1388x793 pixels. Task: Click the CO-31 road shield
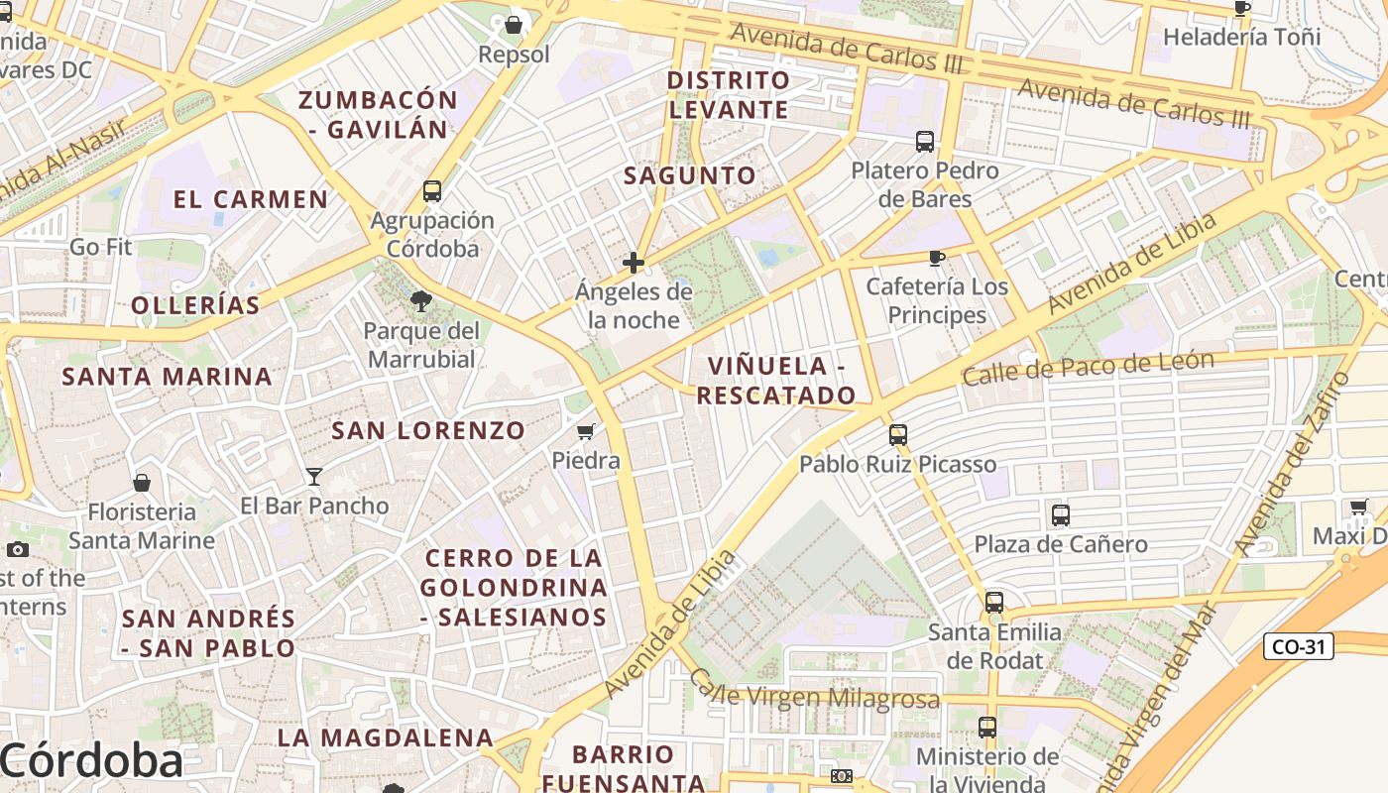point(1299,647)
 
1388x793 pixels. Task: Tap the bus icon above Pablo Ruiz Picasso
point(898,434)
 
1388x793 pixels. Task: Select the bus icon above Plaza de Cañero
point(1061,515)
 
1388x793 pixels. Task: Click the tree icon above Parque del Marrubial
point(421,300)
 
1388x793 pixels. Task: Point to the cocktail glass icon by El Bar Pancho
point(314,477)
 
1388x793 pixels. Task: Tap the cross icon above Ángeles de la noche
point(634,263)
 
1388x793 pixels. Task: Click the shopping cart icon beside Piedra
point(586,432)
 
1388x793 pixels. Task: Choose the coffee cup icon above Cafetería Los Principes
point(936,258)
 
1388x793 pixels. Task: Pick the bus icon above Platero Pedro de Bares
point(925,142)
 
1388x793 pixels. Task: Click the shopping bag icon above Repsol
point(514,24)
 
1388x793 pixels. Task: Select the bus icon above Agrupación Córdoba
point(432,191)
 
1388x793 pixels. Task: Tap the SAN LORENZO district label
point(427,430)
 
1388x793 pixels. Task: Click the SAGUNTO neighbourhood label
point(690,175)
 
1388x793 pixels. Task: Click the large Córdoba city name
point(92,761)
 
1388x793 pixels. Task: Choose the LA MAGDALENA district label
point(386,737)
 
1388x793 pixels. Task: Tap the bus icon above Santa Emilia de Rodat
point(994,603)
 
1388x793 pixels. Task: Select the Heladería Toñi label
point(1242,37)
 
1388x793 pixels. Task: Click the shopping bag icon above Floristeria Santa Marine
point(142,483)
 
